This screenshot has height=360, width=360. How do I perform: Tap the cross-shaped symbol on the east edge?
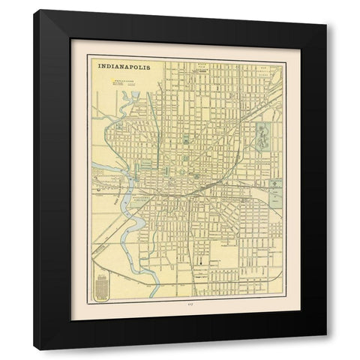275,184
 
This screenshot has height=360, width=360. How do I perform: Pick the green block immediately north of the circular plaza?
183,139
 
